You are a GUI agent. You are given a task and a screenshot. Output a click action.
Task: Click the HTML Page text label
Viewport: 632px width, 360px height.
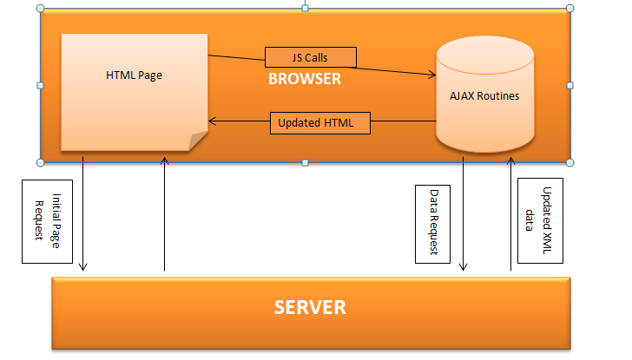[x=134, y=75]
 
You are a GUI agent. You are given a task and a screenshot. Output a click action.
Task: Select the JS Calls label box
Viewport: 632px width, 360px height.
[x=310, y=58]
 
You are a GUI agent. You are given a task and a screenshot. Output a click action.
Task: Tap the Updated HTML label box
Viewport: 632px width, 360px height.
[x=321, y=123]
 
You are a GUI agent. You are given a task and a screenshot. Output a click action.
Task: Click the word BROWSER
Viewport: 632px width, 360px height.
[x=304, y=79]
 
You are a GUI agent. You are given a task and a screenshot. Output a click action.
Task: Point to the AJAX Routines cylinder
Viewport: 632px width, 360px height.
[x=484, y=95]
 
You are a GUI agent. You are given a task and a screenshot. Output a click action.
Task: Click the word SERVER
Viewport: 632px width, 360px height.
[x=310, y=307]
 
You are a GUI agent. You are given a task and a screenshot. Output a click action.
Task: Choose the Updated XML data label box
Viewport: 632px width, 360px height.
[x=539, y=221]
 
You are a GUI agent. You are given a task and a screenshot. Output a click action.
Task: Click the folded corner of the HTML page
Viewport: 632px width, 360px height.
[x=197, y=139]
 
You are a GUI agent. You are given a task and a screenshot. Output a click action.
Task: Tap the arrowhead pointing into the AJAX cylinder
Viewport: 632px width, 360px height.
[x=431, y=75]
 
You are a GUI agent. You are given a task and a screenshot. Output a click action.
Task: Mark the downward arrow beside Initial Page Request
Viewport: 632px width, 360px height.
[x=82, y=217]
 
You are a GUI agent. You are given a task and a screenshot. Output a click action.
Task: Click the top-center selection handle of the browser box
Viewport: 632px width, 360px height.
[x=305, y=7]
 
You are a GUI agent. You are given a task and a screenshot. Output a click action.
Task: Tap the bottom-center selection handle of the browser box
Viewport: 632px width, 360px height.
[x=305, y=162]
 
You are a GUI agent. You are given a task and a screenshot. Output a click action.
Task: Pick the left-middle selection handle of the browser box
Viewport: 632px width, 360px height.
[x=40, y=85]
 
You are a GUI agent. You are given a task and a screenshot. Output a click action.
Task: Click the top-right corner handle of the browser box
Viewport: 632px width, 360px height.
[x=570, y=8]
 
